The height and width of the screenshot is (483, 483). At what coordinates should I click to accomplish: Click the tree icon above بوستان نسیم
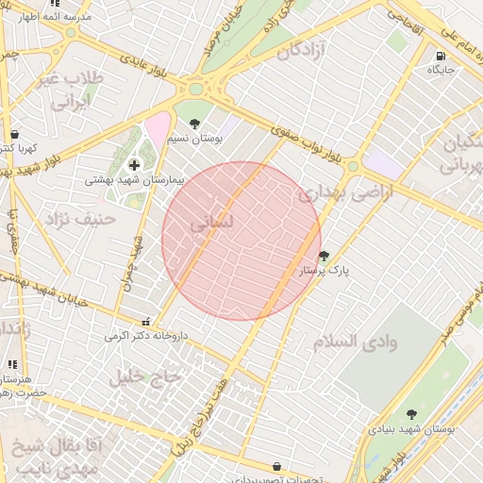195,123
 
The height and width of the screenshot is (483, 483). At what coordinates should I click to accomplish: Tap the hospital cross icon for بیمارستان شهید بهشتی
134,165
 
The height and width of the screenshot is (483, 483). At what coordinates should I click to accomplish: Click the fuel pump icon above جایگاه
442,56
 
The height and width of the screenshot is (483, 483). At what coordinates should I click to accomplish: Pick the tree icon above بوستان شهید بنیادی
411,413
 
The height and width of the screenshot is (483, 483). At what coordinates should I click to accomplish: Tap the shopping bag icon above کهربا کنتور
13,134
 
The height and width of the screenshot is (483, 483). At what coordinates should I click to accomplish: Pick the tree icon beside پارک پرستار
325,255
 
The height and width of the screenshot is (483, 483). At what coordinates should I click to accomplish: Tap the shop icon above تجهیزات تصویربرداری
276,466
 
